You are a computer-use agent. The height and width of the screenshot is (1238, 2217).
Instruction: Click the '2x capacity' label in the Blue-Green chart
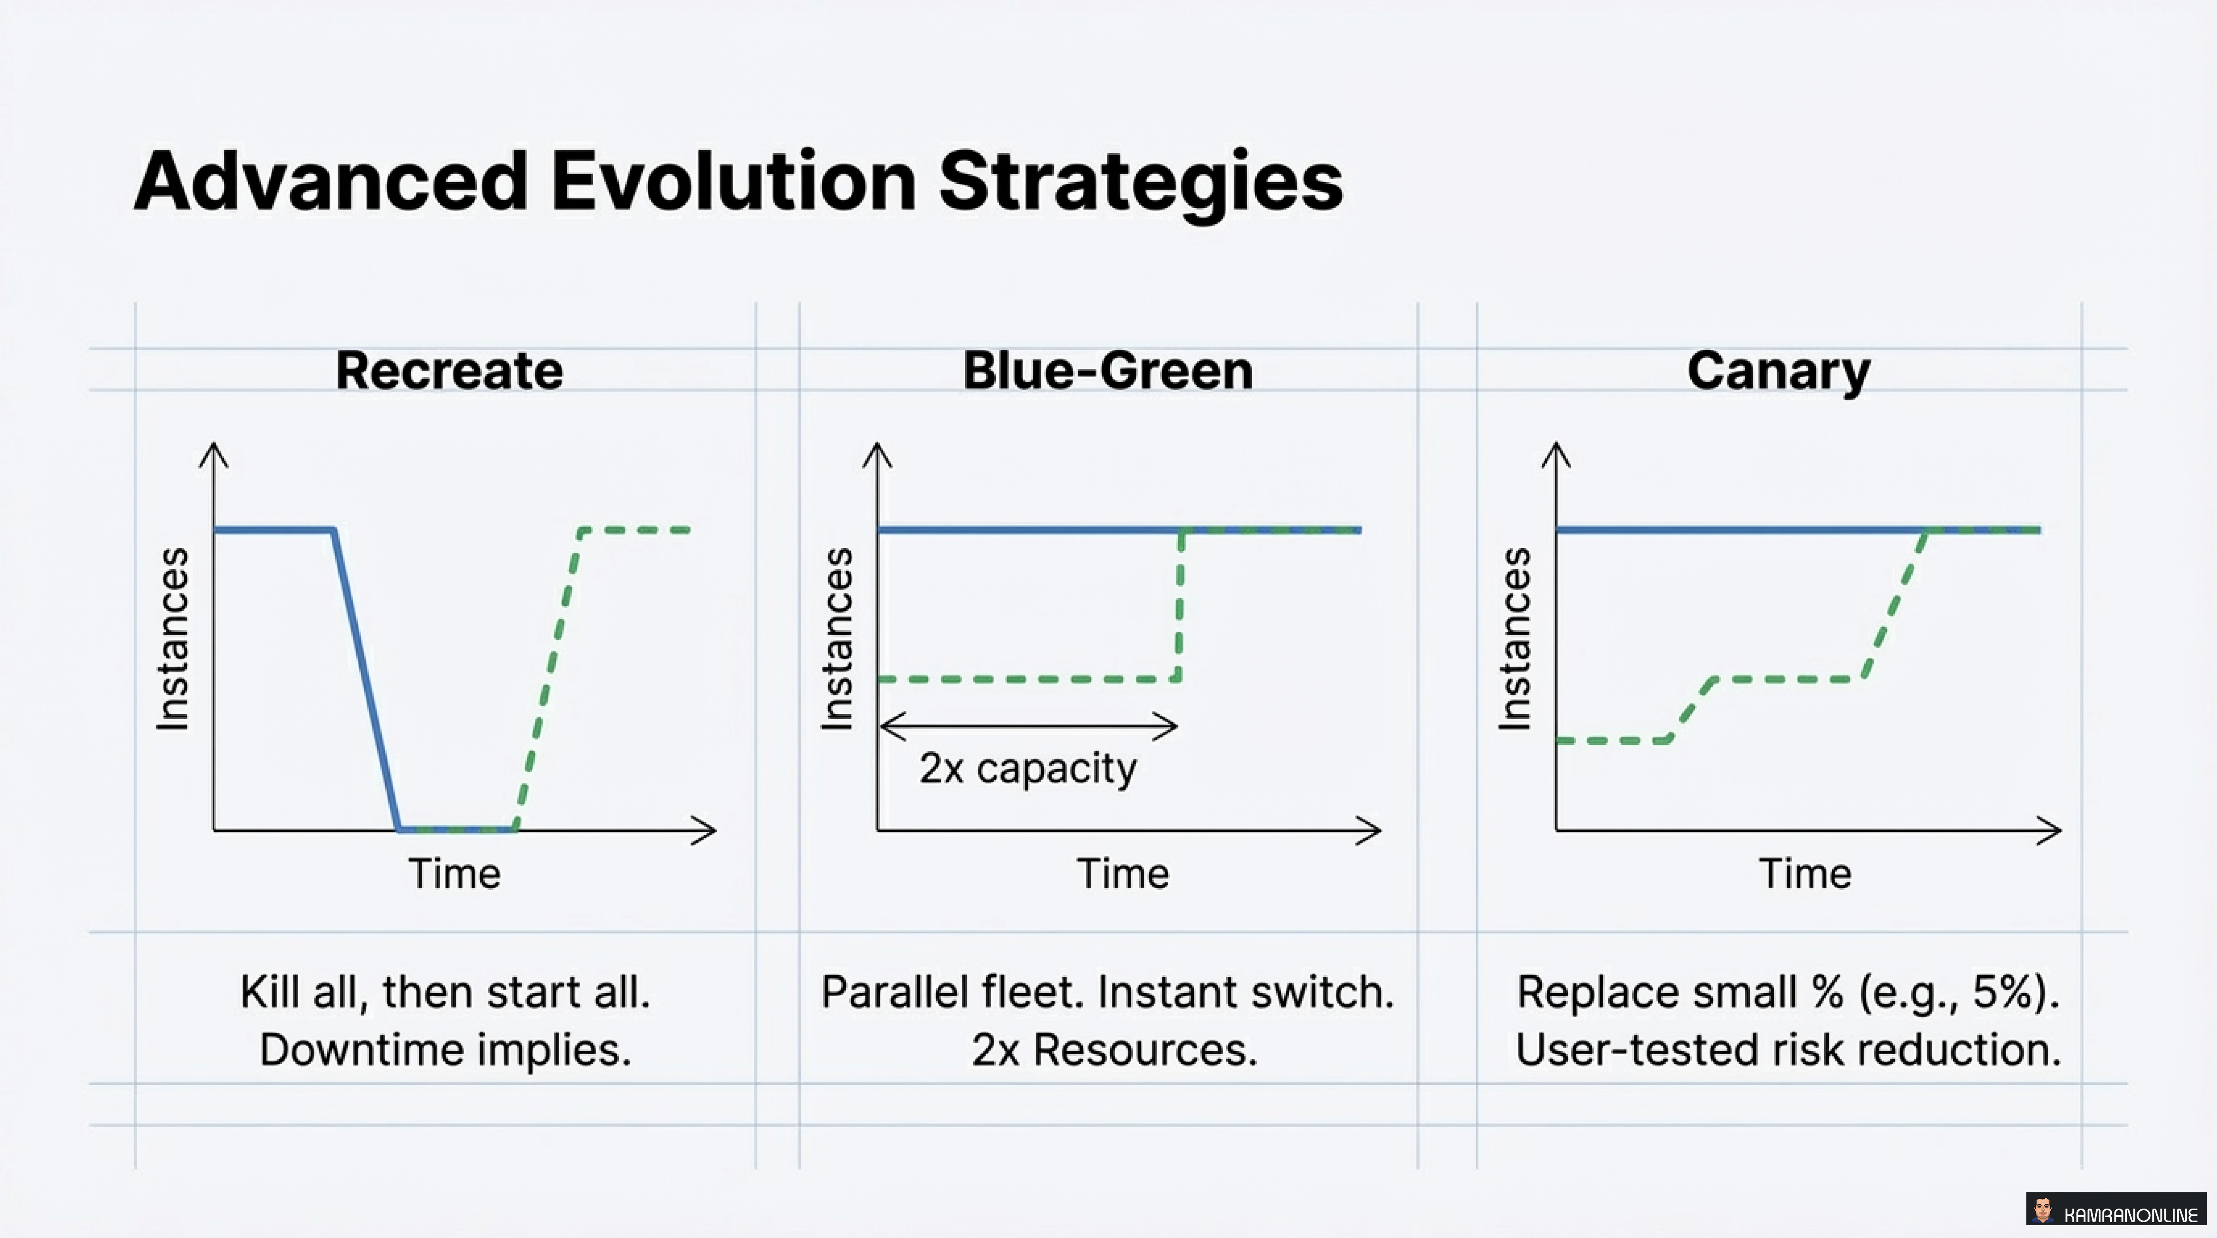click(1027, 768)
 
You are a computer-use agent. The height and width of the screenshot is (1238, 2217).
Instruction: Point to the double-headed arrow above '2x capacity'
click(1027, 726)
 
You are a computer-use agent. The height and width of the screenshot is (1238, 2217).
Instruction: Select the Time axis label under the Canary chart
click(1805, 874)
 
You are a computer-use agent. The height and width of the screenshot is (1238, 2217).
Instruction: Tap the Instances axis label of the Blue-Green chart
click(836, 639)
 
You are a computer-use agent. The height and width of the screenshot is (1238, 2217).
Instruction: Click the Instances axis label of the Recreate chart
click(172, 639)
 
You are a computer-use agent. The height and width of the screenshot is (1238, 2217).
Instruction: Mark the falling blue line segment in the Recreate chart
click(366, 680)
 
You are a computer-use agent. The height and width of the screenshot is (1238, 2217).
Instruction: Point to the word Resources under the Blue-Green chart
click(1145, 1050)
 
